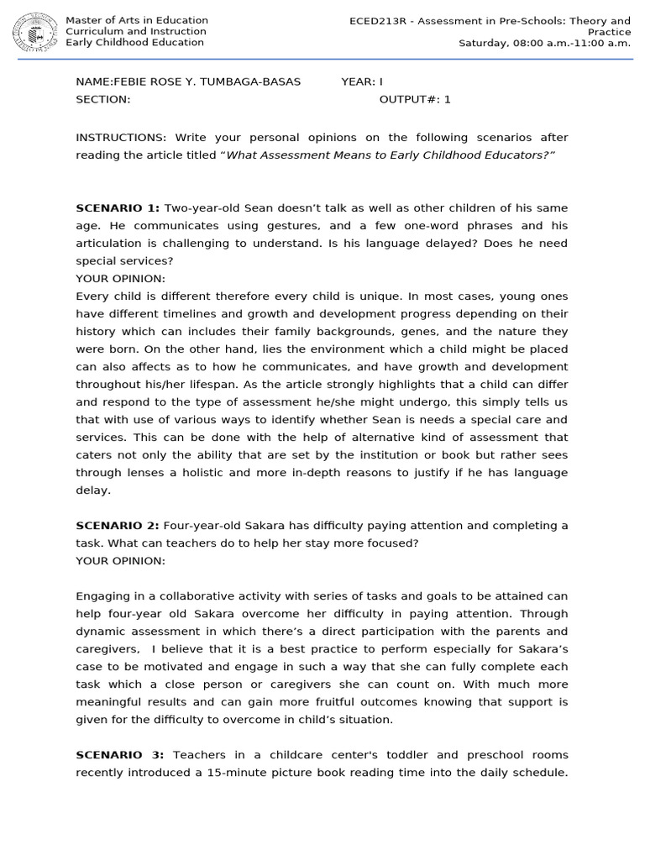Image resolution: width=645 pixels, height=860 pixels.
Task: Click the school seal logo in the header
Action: (34, 32)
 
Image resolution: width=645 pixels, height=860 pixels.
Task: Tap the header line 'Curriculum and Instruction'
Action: (135, 32)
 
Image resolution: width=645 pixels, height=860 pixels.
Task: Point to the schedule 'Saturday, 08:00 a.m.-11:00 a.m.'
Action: (544, 43)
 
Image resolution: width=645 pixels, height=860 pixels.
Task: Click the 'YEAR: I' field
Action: (361, 81)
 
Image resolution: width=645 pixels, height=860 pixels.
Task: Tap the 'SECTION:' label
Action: (102, 99)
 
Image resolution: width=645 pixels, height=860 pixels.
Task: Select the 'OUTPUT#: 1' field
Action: (415, 99)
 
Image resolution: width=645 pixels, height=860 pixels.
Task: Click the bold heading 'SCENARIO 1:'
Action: (117, 208)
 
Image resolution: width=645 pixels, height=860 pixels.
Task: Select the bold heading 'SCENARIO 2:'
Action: (117, 526)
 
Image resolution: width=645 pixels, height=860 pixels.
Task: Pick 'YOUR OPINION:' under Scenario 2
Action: (120, 561)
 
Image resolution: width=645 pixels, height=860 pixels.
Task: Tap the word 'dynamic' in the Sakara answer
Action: (102, 632)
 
